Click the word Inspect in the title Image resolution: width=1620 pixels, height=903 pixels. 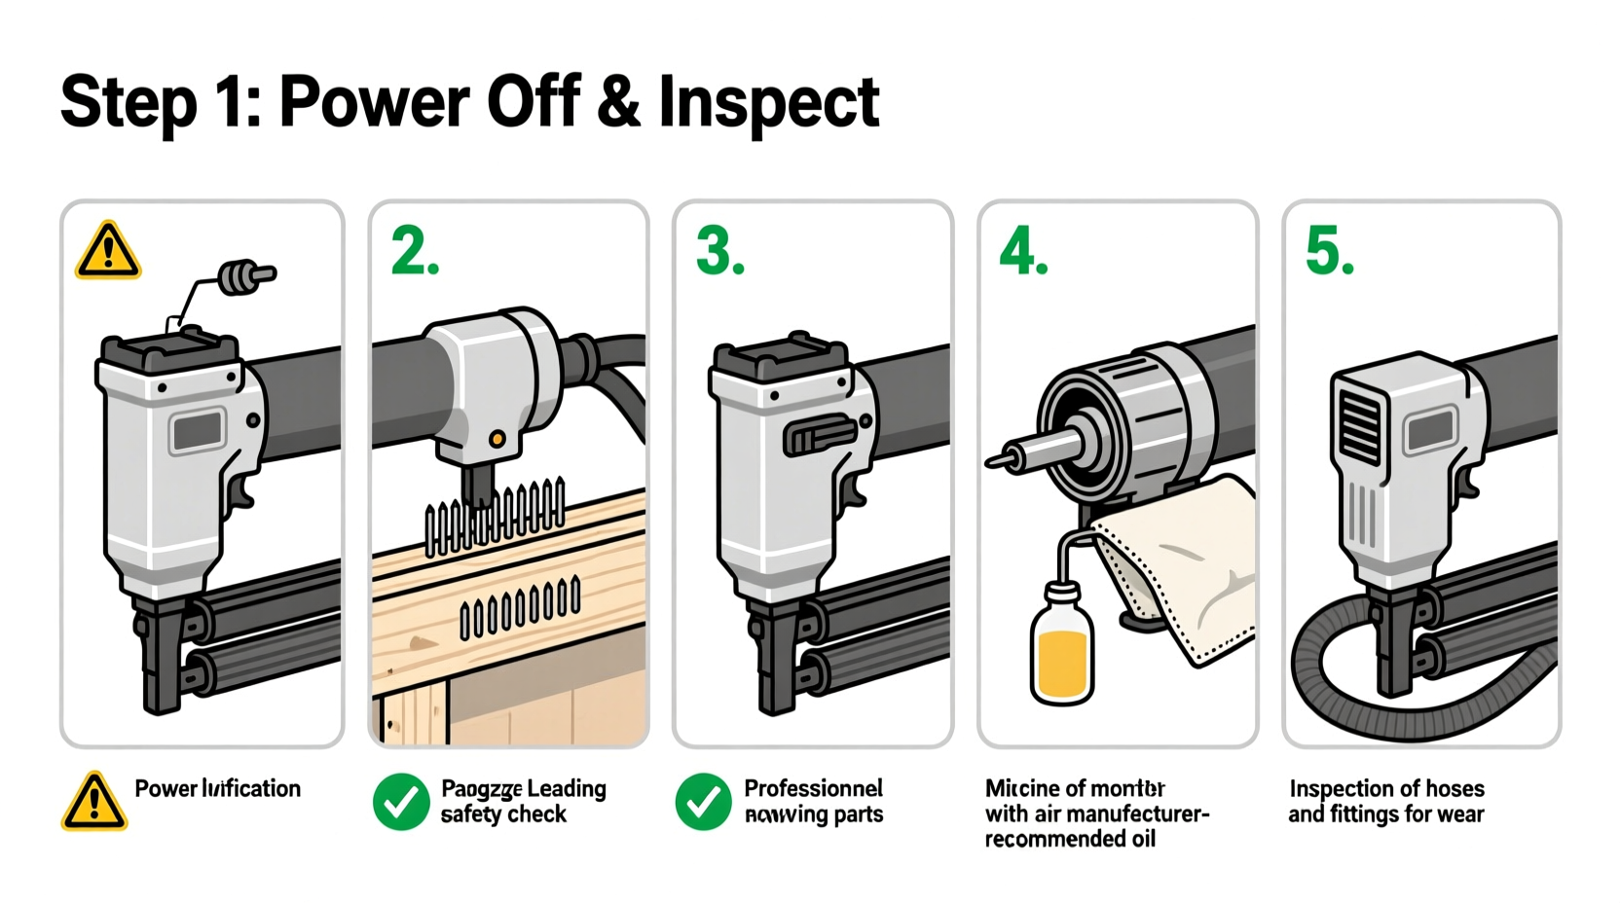point(769,102)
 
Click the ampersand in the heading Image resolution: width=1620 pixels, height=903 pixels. point(619,100)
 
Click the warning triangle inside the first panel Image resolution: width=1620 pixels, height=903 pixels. point(108,251)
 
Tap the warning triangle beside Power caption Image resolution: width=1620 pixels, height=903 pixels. point(94,803)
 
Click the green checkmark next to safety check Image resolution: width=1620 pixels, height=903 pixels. point(401,802)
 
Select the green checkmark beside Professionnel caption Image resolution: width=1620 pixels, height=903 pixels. point(703,802)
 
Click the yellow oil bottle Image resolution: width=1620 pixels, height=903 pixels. point(1061,647)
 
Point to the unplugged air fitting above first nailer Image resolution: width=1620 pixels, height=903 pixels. point(245,276)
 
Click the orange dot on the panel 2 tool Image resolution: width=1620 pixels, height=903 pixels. point(497,439)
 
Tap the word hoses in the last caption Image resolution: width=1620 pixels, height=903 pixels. point(1448,788)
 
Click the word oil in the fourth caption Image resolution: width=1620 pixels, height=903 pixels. point(1142,839)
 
